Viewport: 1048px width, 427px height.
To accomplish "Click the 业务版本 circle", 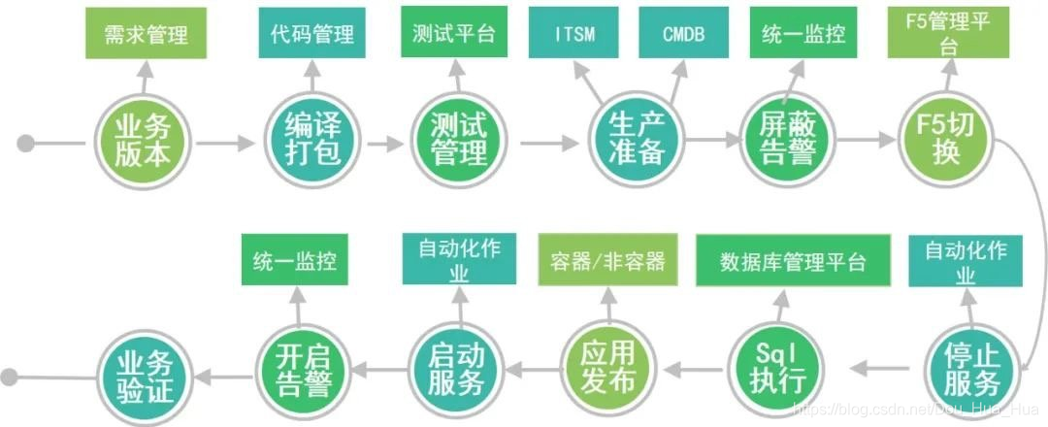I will (x=145, y=142).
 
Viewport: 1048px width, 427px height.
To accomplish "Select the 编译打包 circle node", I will (x=313, y=142).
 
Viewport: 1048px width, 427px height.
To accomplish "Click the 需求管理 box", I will (x=145, y=34).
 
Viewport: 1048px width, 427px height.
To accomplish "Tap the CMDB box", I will (x=684, y=34).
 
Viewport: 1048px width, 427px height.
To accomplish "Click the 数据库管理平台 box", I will (x=793, y=262).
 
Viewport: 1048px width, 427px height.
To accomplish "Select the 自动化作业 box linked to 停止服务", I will (x=965, y=262).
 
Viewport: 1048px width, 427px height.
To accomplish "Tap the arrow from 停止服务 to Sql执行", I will (x=877, y=367).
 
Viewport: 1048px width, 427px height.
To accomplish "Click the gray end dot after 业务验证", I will (x=12, y=377).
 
